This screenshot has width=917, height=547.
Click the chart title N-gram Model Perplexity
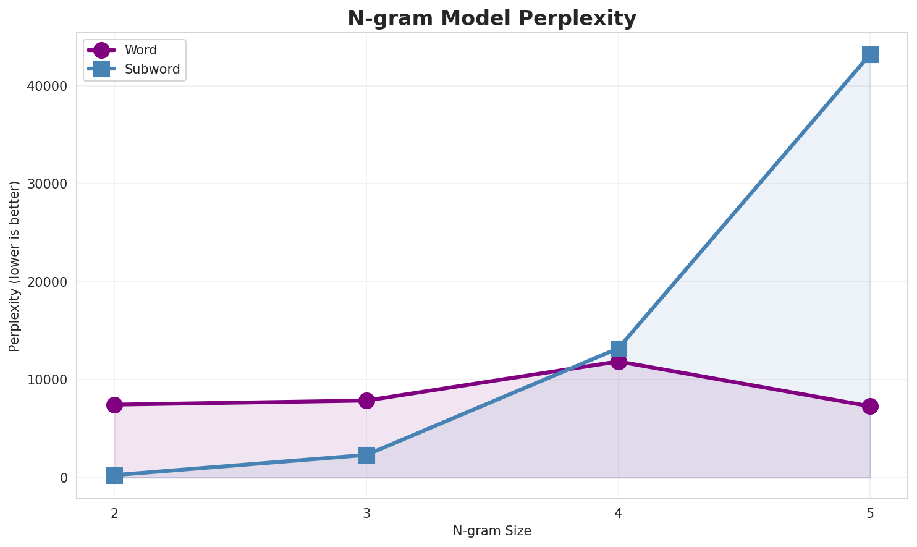[x=492, y=19]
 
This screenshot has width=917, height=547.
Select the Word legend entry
[x=141, y=50]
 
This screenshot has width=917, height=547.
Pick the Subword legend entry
[x=152, y=69]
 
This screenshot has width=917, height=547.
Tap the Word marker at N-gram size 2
[x=114, y=405]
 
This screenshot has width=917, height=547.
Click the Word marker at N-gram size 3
[x=366, y=401]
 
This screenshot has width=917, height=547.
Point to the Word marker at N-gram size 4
[x=619, y=361]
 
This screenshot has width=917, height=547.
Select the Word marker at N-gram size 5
[x=870, y=406]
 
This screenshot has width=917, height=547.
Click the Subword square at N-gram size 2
[x=114, y=475]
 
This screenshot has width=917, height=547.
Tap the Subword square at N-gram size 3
[x=366, y=455]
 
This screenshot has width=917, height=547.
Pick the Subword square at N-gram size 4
[x=619, y=349]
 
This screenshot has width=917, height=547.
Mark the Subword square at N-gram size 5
[x=870, y=54]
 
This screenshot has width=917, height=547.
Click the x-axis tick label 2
[x=114, y=513]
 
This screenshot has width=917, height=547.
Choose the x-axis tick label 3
[x=366, y=513]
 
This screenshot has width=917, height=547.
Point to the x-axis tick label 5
[x=870, y=513]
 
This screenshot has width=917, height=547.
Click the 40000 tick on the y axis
[x=46, y=87]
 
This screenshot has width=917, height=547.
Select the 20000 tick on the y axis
[x=46, y=282]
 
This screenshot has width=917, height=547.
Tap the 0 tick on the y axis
[x=64, y=478]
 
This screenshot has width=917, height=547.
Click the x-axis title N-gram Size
[x=492, y=531]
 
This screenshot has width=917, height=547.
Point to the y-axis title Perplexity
[x=15, y=266]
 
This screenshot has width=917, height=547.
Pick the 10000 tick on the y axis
[x=46, y=380]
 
